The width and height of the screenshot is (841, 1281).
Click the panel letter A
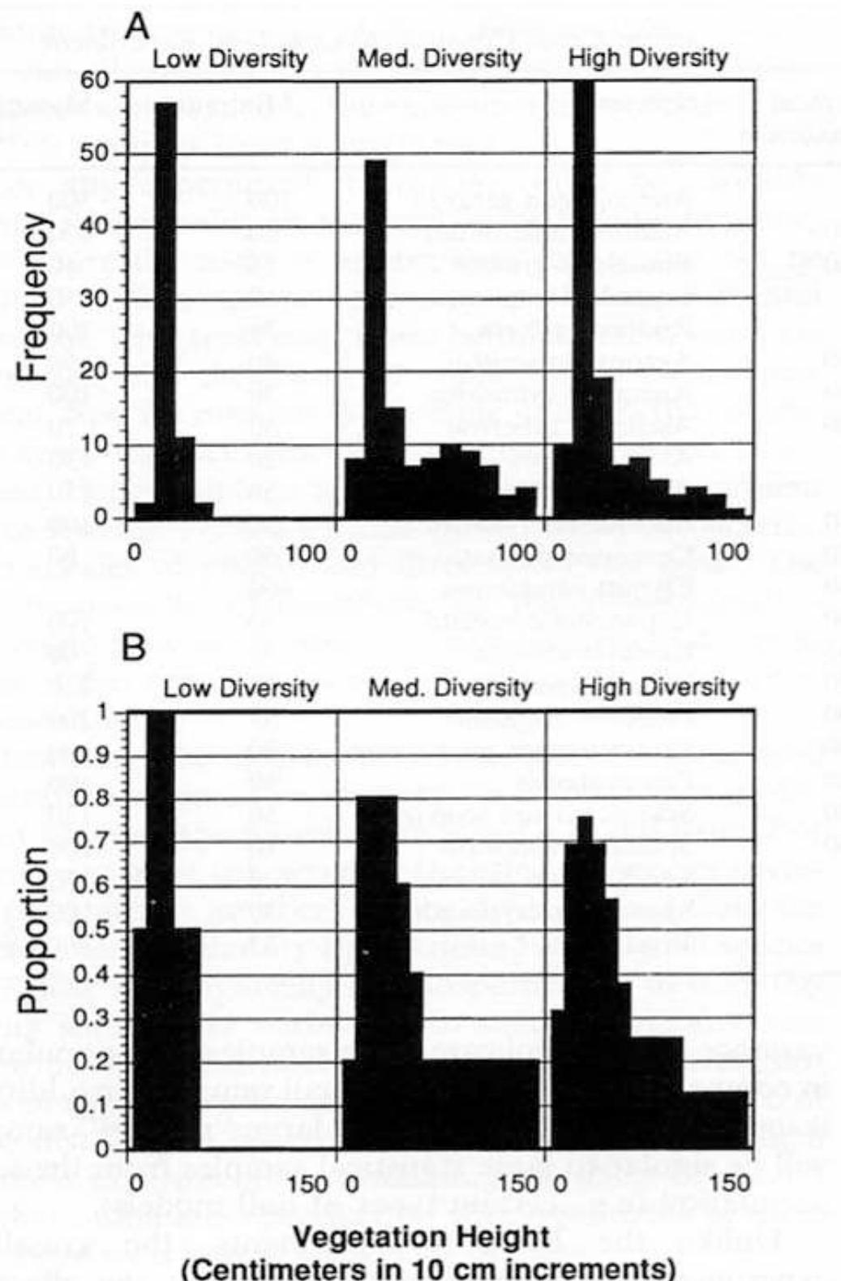coord(138,27)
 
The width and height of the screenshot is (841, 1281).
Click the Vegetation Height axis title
coord(421,1237)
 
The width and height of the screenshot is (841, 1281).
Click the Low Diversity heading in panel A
coord(230,59)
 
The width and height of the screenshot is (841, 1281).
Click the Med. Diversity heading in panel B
coord(450,689)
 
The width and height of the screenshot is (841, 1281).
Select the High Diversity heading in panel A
coord(648,58)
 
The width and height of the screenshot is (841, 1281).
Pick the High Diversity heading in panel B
coord(659,688)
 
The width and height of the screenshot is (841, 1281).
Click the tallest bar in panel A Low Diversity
coord(165,308)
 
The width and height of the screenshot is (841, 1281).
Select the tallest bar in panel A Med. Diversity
coord(375,341)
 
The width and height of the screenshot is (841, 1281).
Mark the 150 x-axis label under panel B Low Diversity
coord(307,1182)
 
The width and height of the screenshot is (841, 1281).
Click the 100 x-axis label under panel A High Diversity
coord(728,552)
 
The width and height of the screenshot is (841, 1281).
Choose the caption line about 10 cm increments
coord(427,1267)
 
